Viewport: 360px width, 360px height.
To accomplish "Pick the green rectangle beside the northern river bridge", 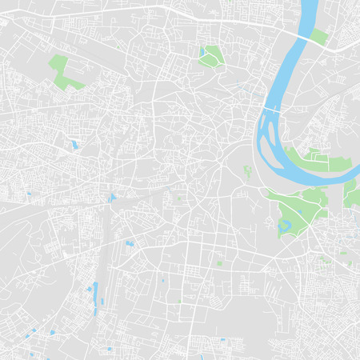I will click(x=319, y=36).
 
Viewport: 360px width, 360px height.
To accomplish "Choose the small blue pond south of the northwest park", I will click(x=74, y=145).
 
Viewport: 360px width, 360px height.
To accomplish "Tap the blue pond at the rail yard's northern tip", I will click(x=112, y=196).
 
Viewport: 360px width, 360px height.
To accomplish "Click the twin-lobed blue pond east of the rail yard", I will click(x=129, y=242).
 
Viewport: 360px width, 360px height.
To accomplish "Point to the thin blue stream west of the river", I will click(x=240, y=85).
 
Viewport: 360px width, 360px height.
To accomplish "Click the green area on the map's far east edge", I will click(x=352, y=192).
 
